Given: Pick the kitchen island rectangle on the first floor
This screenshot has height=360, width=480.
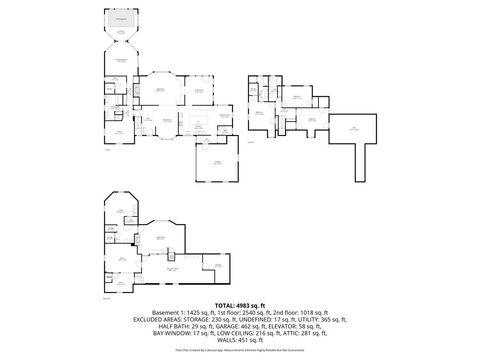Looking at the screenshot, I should (x=195, y=123).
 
